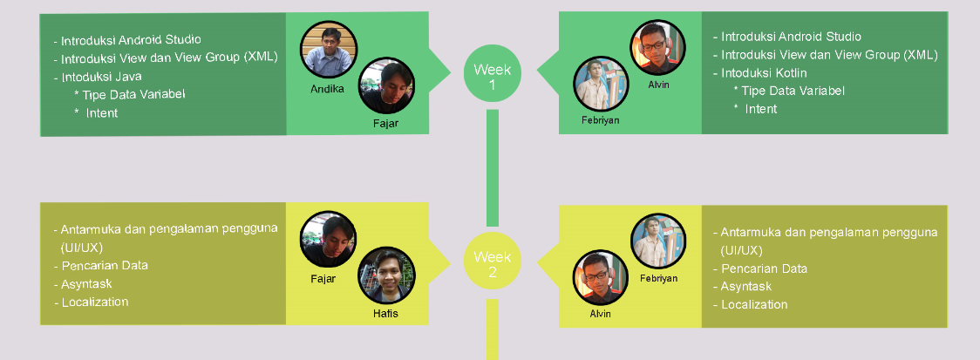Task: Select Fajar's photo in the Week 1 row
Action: coord(386,87)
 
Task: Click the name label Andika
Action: coord(327,88)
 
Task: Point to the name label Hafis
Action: coord(385,313)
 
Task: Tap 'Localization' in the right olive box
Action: coord(754,304)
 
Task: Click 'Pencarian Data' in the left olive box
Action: coord(105,266)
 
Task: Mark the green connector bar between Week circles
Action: coord(492,166)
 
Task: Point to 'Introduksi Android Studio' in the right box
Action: coord(791,37)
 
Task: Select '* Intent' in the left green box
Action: coord(97,112)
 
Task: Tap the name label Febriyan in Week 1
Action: coord(600,119)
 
